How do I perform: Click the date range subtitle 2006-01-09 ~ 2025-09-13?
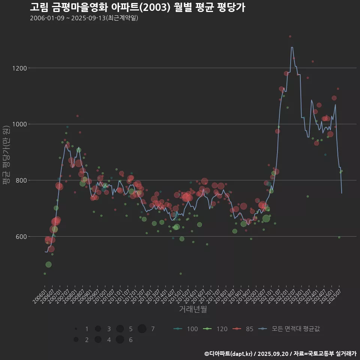[84, 18]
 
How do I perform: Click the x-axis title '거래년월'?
[193, 309]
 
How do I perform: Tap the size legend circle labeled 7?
[142, 329]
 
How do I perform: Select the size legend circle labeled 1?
[76, 329]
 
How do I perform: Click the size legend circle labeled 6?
[120, 340]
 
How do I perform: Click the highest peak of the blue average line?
[292, 47]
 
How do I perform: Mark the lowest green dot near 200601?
[45, 274]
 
